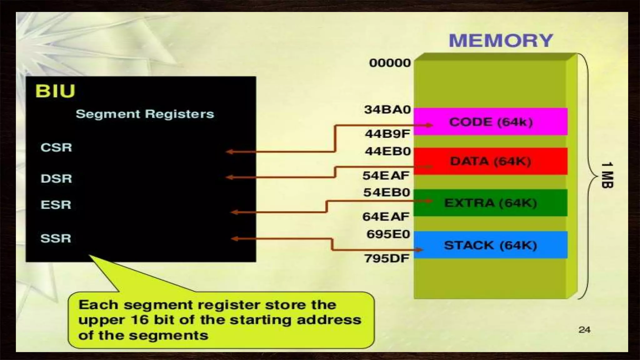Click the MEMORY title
(x=501, y=41)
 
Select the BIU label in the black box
(x=55, y=91)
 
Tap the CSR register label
(x=56, y=147)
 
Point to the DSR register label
(x=56, y=179)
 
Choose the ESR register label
(x=56, y=205)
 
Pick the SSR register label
(x=56, y=238)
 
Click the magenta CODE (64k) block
(x=491, y=122)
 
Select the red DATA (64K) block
(x=491, y=161)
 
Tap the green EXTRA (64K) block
(x=491, y=203)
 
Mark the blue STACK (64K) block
(x=491, y=245)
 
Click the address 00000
(x=390, y=63)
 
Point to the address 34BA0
(x=387, y=110)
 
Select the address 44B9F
(x=387, y=134)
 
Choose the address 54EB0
(x=387, y=192)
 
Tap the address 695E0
(x=388, y=234)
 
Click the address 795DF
(x=387, y=258)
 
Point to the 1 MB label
(x=607, y=175)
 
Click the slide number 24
(x=584, y=330)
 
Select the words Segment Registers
(x=145, y=114)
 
